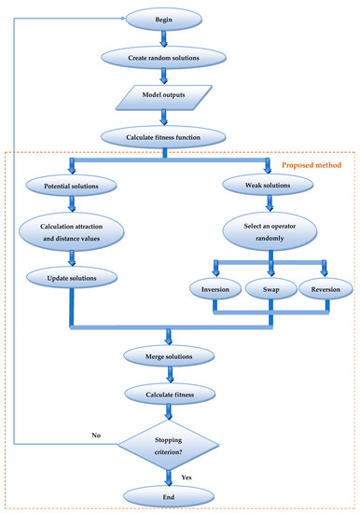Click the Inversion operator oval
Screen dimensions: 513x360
pos(215,290)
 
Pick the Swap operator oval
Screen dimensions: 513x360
pos(271,290)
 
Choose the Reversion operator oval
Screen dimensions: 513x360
pos(325,290)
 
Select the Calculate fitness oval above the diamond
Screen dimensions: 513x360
pos(167,395)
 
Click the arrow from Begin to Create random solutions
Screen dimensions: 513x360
pos(164,37)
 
